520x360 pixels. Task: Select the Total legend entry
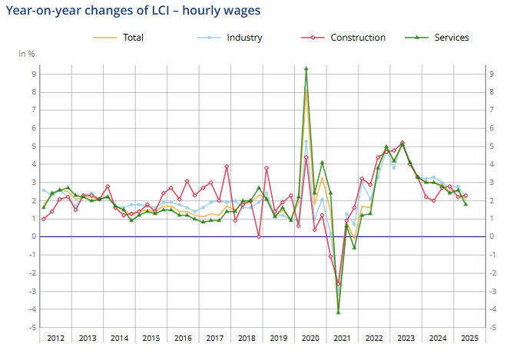point(132,38)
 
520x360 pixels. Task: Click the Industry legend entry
point(244,38)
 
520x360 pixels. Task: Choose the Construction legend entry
point(357,38)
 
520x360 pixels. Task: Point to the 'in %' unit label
point(27,54)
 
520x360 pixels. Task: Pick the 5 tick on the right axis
point(492,147)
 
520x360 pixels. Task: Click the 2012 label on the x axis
point(55,338)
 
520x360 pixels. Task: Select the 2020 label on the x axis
point(310,338)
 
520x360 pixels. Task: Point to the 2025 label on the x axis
point(469,338)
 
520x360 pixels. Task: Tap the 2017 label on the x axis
point(214,338)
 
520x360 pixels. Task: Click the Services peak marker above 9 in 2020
point(306,68)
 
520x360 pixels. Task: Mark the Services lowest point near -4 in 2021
point(338,312)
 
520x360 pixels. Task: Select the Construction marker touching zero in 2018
point(259,236)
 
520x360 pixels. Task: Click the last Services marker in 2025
point(465,203)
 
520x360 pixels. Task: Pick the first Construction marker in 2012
point(44,219)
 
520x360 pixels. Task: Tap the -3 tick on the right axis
point(492,292)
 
